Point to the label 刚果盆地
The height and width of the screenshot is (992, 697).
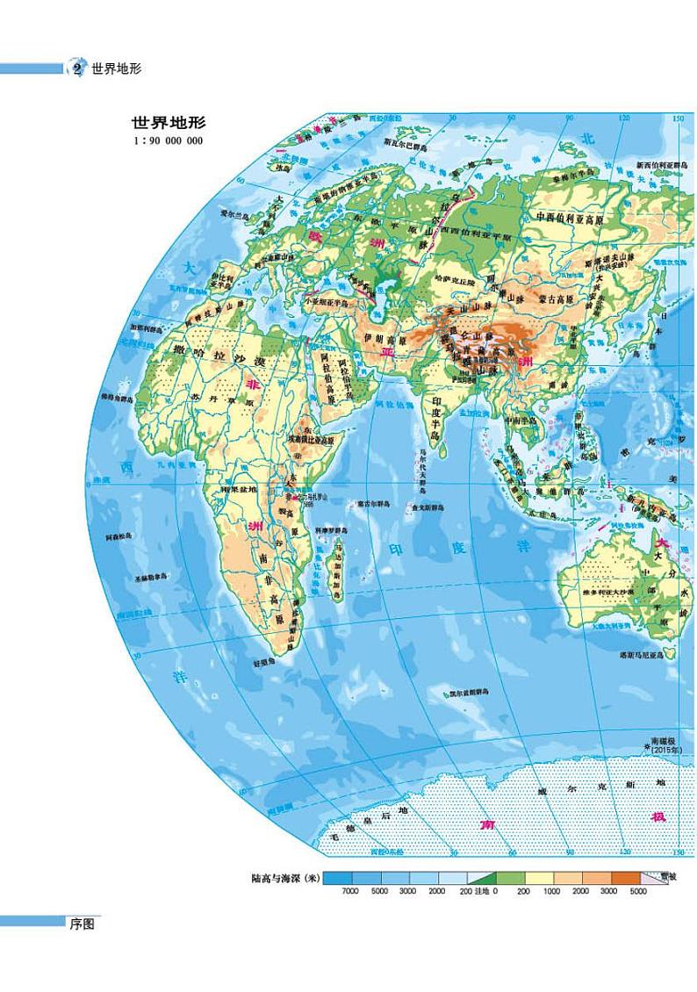240,489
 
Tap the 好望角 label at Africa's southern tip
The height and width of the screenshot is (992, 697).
262,663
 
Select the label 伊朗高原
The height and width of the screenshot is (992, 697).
380,336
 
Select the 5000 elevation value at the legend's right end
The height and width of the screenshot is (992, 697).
638,890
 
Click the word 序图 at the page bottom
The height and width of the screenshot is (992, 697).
82,923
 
